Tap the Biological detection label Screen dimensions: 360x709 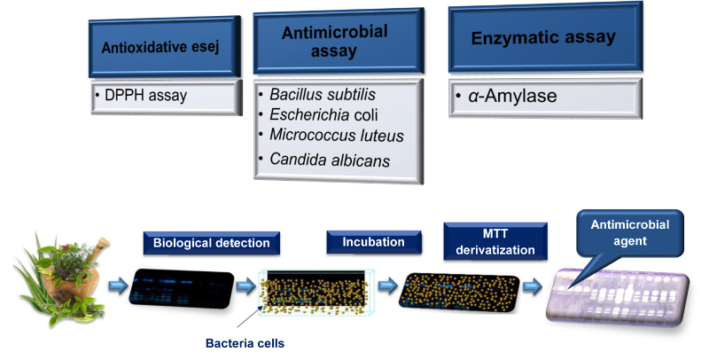[x=213, y=243]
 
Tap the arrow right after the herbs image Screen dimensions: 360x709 [x=115, y=286]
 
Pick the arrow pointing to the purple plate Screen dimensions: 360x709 [x=531, y=287]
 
